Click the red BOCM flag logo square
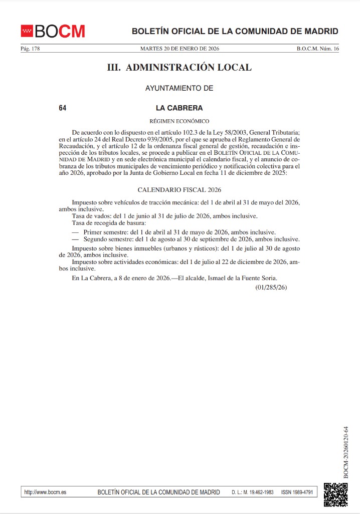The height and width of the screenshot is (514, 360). [x=27, y=31]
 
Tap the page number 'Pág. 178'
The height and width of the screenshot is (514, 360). [x=30, y=49]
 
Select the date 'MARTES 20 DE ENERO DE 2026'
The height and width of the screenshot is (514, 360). [x=179, y=49]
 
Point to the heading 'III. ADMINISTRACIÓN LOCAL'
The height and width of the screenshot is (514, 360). [x=179, y=67]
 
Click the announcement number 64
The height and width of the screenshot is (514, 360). [x=63, y=108]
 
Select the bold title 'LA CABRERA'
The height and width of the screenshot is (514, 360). [x=179, y=108]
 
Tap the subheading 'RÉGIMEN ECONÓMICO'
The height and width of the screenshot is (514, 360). [x=179, y=121]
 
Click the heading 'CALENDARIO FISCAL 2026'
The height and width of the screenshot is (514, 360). [x=179, y=190]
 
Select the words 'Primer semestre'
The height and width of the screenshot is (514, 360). [x=105, y=232]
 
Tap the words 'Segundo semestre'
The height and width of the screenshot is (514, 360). [x=108, y=239]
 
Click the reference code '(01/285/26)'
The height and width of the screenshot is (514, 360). [x=270, y=287]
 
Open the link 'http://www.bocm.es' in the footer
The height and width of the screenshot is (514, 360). [x=45, y=492]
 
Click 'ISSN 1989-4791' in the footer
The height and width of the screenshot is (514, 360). [x=297, y=492]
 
